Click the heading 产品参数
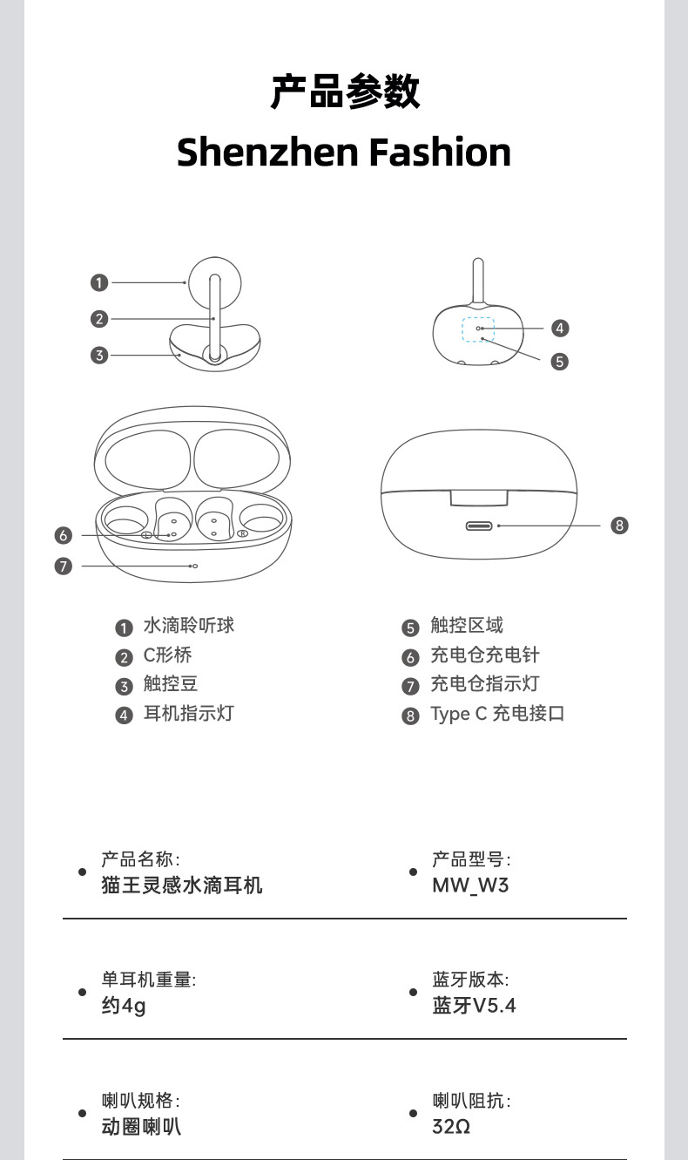(344, 92)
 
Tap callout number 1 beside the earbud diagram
(99, 282)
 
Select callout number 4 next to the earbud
(560, 328)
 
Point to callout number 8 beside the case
(619, 525)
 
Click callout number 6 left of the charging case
(63, 535)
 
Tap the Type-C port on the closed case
(479, 526)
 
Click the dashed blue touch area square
(477, 330)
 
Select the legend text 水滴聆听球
(188, 626)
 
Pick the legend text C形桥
(167, 655)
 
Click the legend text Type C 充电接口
(497, 714)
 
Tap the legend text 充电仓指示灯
(484, 684)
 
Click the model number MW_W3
(470, 885)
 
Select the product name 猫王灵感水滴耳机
(182, 885)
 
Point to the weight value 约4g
(124, 1006)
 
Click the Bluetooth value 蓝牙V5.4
(474, 1006)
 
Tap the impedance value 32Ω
(451, 1126)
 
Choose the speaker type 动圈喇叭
(141, 1126)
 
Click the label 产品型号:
(471, 859)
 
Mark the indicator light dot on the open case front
(194, 566)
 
